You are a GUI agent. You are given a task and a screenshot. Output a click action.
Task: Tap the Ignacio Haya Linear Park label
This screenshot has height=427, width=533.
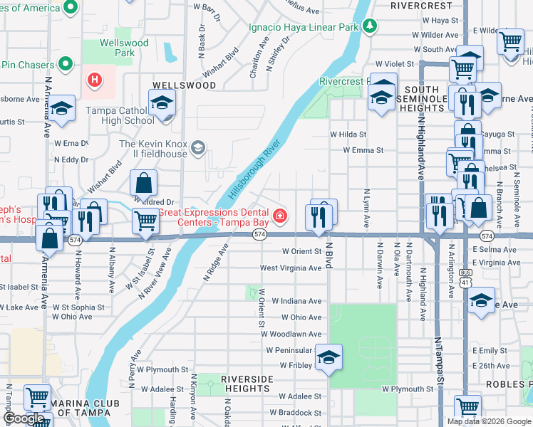click(303, 28)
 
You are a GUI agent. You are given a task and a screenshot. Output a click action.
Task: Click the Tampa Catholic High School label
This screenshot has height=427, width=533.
click(120, 115)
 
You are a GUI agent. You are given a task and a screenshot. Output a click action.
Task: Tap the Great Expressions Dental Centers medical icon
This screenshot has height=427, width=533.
click(280, 214)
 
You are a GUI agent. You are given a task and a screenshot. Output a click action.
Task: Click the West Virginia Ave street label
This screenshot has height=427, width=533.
click(290, 268)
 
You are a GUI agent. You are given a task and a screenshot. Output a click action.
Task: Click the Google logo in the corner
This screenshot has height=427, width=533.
click(24, 418)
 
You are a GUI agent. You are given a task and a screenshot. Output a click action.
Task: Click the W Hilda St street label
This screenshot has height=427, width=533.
click(348, 134)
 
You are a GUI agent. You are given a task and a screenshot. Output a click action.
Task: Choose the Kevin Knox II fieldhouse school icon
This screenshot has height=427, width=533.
click(197, 148)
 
